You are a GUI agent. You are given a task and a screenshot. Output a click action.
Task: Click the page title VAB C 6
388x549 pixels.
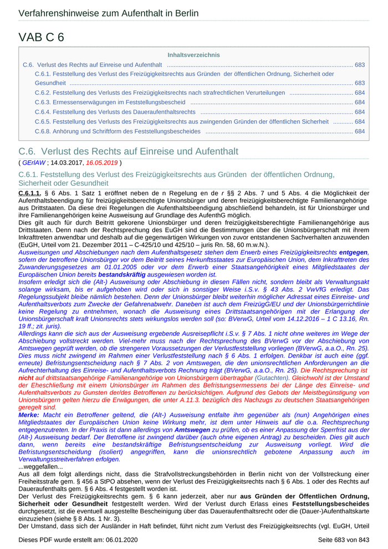(x=41, y=37)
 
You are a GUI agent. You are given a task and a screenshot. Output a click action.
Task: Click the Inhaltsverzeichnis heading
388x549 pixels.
(x=193, y=55)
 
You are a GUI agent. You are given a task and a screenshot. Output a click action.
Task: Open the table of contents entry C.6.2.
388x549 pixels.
(x=161, y=93)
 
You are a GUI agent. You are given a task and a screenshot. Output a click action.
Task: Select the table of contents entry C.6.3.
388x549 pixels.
(x=110, y=102)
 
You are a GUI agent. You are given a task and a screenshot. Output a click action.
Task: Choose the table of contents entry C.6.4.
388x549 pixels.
(x=115, y=112)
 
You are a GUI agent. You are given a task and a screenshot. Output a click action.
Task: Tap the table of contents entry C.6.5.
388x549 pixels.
(x=181, y=121)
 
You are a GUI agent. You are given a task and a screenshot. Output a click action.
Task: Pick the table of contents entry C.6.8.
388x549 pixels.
(x=118, y=131)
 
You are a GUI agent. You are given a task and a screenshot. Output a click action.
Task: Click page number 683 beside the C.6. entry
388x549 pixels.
(x=360, y=65)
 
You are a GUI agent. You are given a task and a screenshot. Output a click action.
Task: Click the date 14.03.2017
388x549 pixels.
(x=67, y=162)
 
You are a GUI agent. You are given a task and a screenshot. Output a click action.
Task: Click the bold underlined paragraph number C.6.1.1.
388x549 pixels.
(x=30, y=192)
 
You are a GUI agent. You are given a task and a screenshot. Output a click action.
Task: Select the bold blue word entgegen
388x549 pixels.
(x=354, y=252)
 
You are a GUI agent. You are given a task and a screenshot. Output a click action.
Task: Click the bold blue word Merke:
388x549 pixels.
(x=29, y=415)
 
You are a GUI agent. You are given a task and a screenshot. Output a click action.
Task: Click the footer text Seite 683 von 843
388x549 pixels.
(x=343, y=540)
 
